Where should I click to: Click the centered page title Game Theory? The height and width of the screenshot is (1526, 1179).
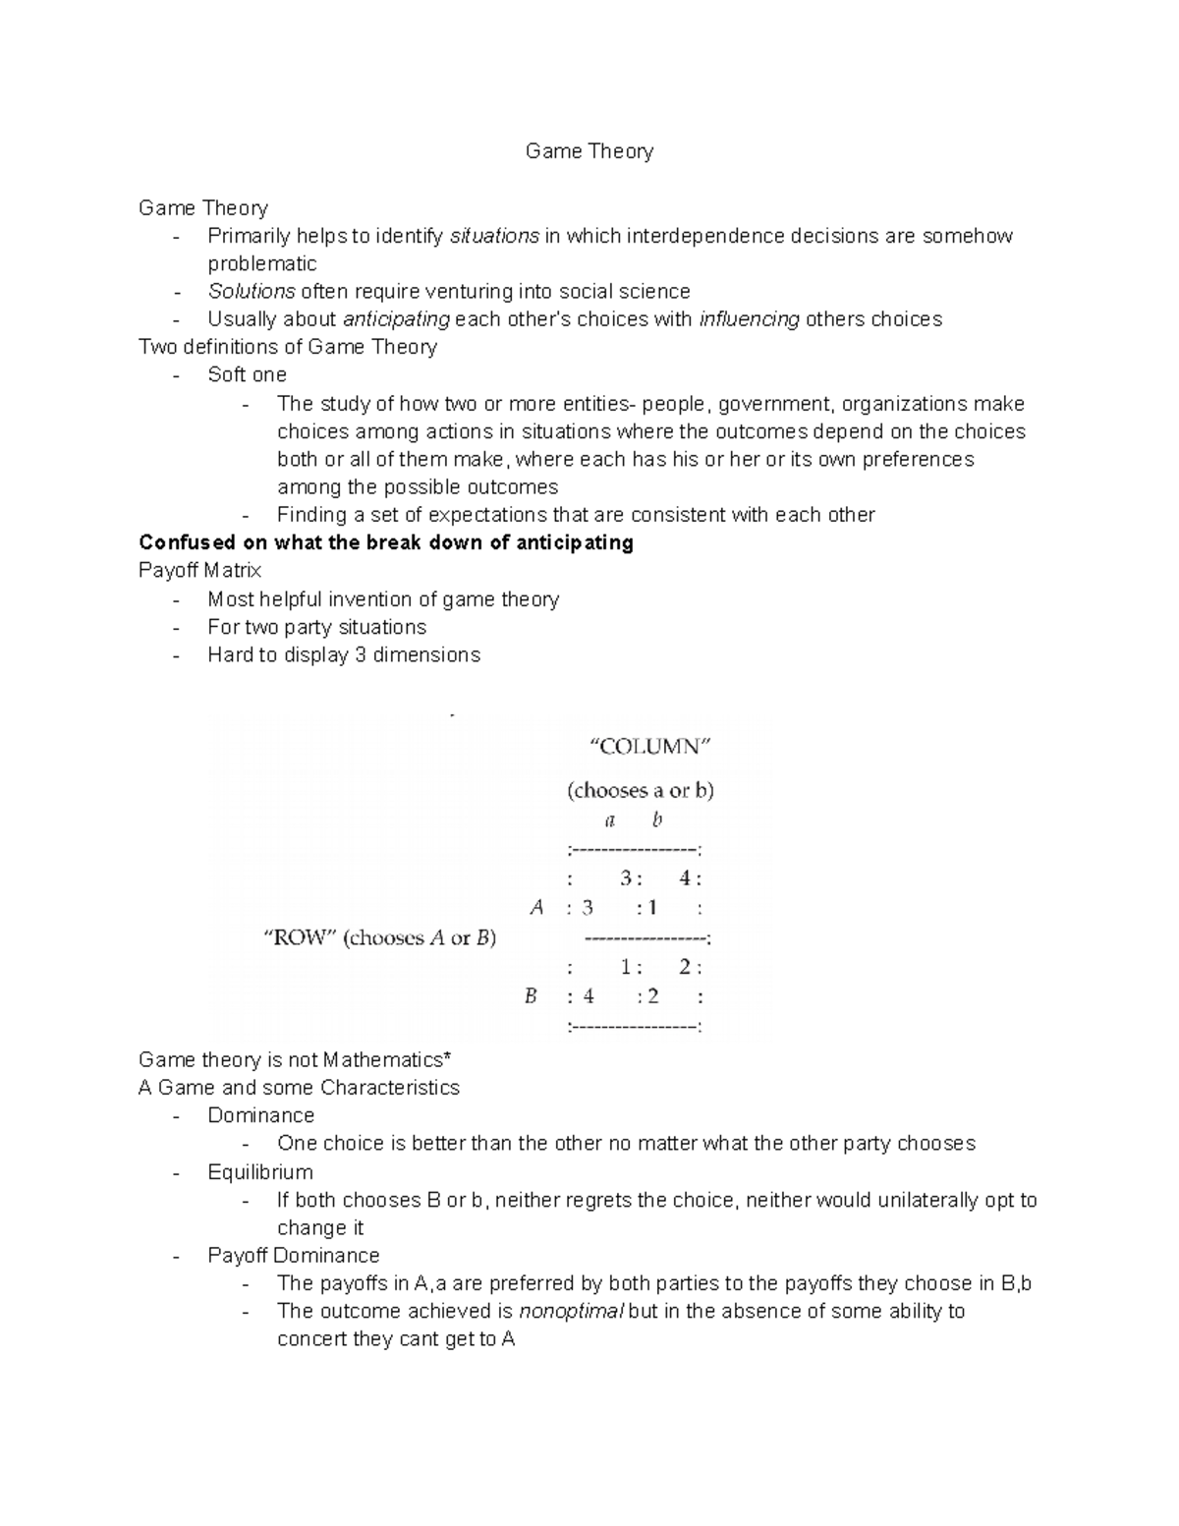coord(589,151)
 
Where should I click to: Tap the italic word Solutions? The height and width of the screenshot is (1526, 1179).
coord(252,292)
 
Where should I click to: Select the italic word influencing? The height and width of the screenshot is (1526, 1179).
coord(749,319)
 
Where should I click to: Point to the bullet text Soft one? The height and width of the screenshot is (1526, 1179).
coord(247,374)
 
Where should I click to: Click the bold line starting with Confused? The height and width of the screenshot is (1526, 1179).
coord(386,543)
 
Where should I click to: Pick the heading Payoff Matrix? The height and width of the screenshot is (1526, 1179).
coord(199,571)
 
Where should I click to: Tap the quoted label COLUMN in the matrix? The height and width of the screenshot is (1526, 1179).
coord(649,746)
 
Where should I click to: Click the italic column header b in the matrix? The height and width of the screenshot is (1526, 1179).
coord(657,820)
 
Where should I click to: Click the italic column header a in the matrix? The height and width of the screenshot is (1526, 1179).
coord(610,820)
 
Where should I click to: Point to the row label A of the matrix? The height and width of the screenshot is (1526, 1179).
coord(536,907)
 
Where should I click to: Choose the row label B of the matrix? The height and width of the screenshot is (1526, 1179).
coord(531,996)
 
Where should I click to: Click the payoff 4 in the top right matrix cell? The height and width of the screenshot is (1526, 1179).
coord(685,878)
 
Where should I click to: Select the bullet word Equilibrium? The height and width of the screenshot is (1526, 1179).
coord(260,1172)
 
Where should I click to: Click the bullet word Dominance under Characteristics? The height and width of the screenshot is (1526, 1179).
coord(260,1116)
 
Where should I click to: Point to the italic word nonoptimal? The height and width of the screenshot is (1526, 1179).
coord(571,1312)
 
